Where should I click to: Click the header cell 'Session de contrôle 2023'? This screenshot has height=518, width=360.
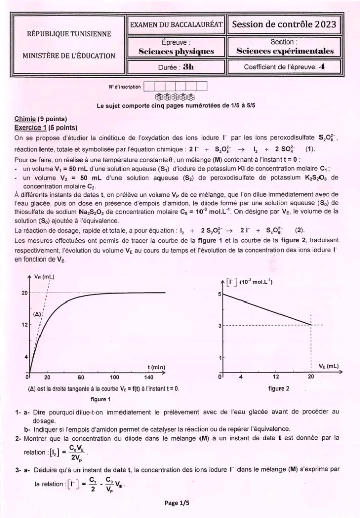point(284,24)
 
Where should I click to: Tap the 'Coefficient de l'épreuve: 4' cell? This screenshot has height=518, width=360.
point(284,66)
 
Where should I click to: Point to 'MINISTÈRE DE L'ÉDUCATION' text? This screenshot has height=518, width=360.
point(69,56)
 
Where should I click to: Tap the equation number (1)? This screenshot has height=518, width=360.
point(310,149)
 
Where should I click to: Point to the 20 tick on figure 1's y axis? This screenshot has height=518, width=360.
point(23,293)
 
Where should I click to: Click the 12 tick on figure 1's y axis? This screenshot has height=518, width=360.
point(23,325)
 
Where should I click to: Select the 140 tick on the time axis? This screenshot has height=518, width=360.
point(148,377)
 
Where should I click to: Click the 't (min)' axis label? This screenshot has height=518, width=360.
point(156,367)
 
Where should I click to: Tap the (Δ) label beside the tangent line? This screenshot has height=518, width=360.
point(37,314)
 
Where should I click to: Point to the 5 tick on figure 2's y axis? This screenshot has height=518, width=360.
point(219,294)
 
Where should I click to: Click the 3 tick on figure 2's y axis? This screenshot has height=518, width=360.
point(219,326)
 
